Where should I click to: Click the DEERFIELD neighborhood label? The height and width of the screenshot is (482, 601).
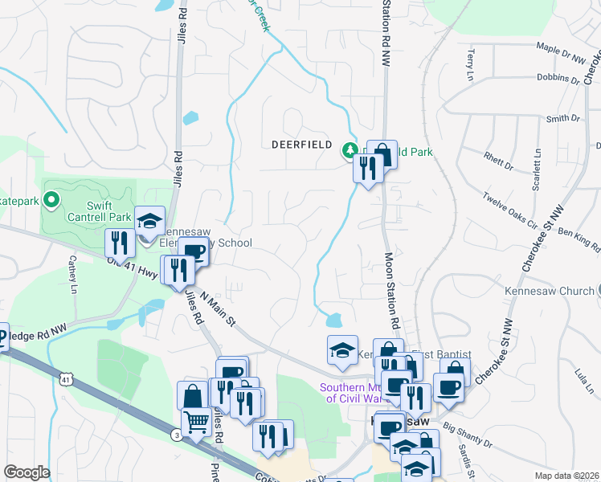(x=302, y=145)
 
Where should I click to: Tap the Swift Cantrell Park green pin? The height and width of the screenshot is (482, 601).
(x=52, y=198)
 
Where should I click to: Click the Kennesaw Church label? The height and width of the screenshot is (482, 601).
(x=549, y=290)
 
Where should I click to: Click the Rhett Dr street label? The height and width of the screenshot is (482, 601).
(x=498, y=161)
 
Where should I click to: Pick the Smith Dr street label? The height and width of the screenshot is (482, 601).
(x=562, y=119)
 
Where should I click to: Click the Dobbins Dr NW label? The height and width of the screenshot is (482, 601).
(x=558, y=78)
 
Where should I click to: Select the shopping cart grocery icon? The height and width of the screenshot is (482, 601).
(x=196, y=421)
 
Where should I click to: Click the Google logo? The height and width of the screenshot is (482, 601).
(x=26, y=472)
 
